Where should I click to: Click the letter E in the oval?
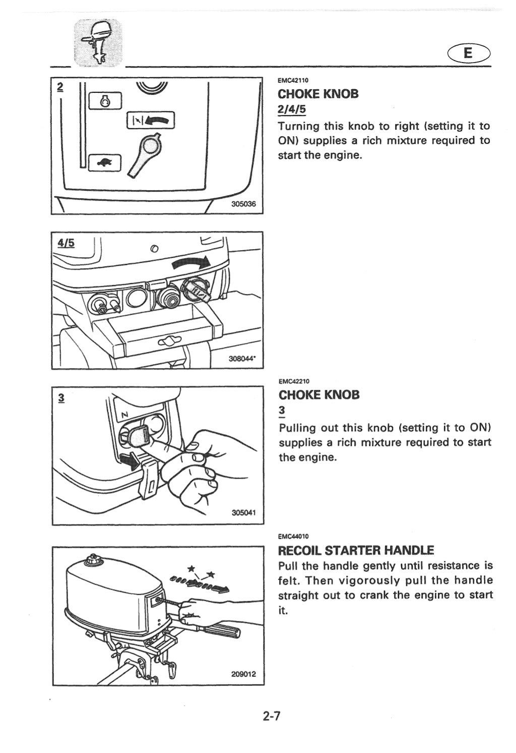click(x=468, y=53)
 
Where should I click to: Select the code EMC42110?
click(x=293, y=80)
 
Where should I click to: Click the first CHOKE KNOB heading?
click(x=318, y=94)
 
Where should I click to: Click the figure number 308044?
click(x=242, y=359)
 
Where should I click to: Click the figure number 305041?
click(x=244, y=513)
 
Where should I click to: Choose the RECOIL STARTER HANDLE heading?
click(x=356, y=549)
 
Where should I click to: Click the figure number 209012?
click(x=244, y=674)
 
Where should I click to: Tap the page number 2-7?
click(x=271, y=715)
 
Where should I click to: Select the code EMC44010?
click(x=293, y=536)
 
